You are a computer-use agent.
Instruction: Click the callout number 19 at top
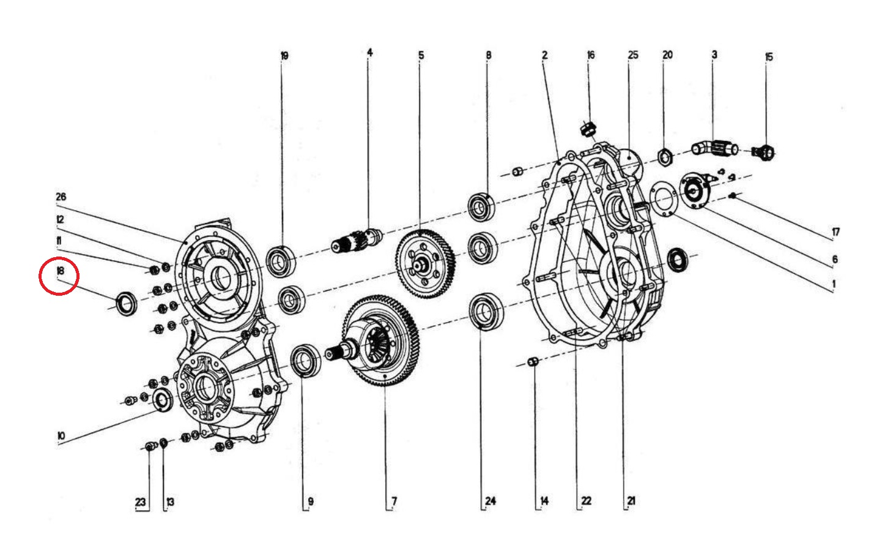284,56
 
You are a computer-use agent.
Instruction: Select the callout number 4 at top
369,53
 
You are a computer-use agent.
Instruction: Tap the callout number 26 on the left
61,197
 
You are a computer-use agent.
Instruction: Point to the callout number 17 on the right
835,232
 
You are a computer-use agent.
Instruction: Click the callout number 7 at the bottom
394,501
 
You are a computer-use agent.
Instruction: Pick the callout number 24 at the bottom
490,501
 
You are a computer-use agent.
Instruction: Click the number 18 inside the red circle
60,271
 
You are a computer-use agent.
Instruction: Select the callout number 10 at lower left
61,436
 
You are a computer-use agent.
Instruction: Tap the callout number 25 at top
632,55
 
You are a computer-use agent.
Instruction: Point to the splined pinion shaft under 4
357,241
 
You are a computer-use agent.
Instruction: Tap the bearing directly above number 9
305,361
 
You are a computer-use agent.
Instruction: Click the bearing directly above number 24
486,311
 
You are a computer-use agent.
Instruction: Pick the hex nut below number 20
665,157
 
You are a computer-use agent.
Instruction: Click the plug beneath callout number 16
588,129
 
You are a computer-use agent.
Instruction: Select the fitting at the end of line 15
764,151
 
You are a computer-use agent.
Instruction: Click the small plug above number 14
533,361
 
